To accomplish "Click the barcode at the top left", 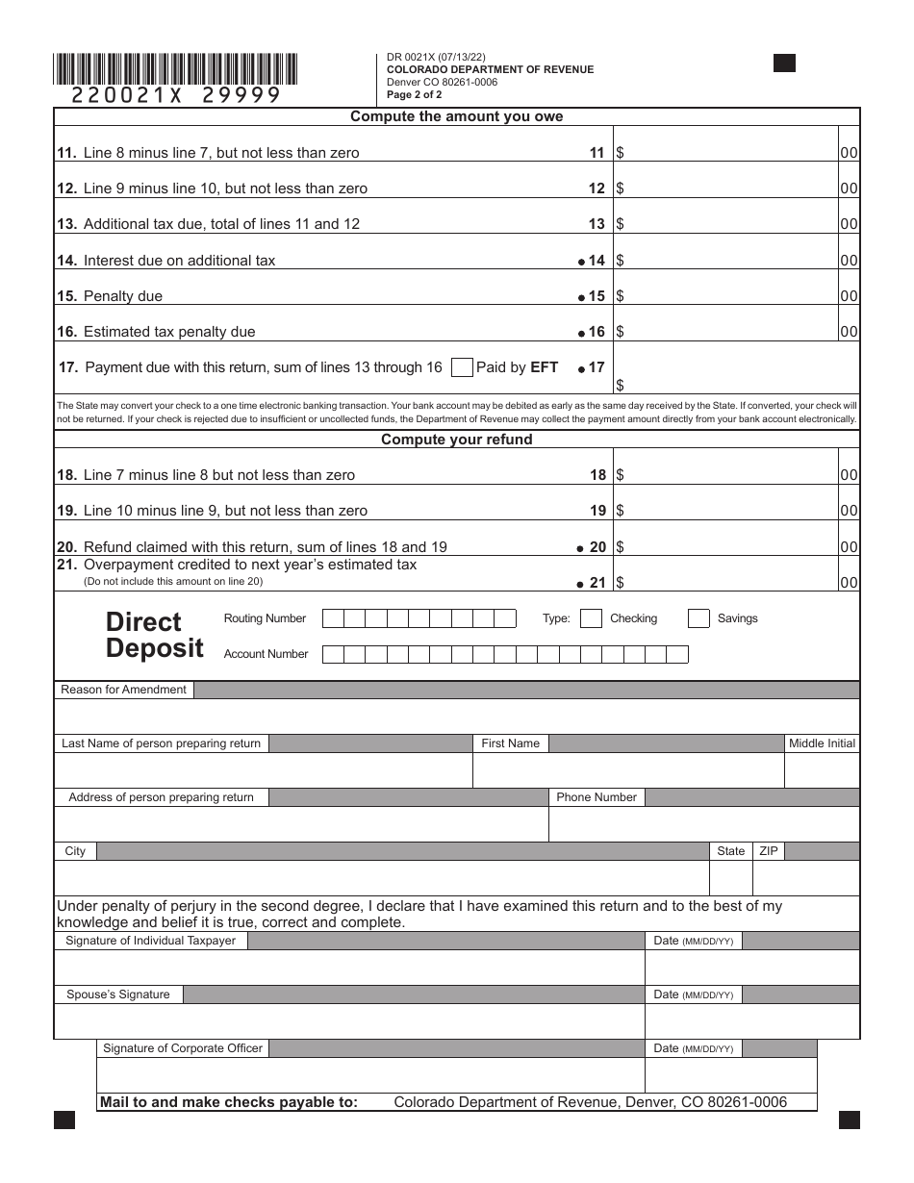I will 175,68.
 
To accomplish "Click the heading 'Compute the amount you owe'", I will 456,116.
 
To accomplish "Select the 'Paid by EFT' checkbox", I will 462,367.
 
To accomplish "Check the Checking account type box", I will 592,618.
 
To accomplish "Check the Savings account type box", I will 698,618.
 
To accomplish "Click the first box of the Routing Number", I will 332,618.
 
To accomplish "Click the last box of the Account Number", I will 677,655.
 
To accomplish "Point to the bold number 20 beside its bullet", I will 597,547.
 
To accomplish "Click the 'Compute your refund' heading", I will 456,440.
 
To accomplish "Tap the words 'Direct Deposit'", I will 154,635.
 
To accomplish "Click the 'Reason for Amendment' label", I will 123,690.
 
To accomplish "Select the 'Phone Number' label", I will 596,797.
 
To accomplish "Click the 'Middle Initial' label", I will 821,743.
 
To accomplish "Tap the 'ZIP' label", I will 769,851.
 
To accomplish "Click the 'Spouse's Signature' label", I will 117,994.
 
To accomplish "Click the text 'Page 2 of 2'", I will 415,95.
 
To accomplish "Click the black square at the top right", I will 784,63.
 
